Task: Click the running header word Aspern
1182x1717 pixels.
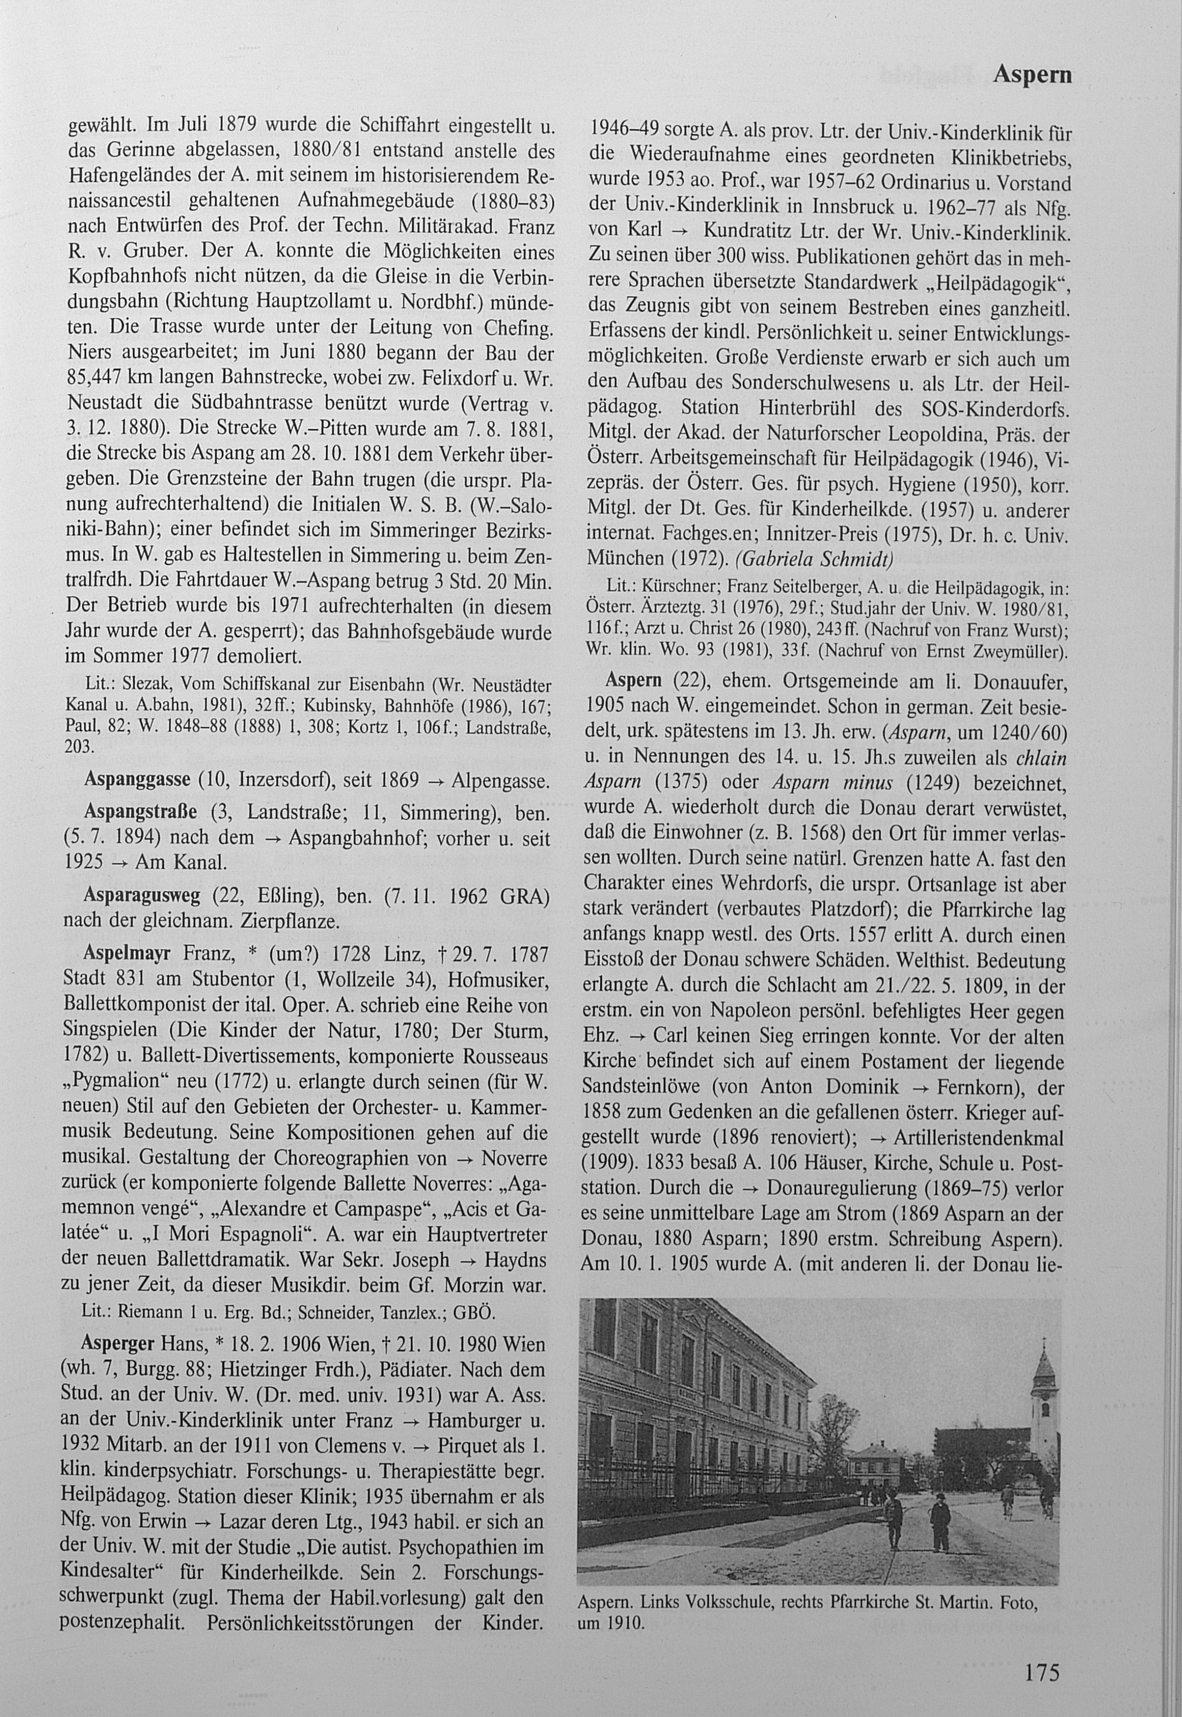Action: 1032,75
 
